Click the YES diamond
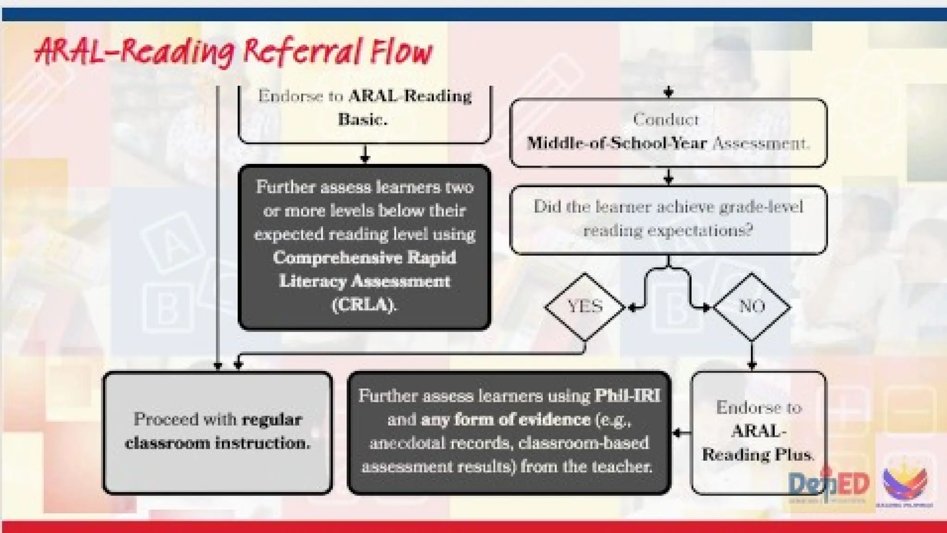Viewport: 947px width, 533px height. click(585, 307)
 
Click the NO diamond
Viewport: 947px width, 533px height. click(752, 307)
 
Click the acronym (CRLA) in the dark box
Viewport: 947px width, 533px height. click(364, 305)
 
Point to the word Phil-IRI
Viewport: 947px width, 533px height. click(627, 396)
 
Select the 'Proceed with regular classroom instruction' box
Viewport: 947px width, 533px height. click(217, 432)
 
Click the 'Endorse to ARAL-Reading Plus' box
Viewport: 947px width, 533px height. click(758, 432)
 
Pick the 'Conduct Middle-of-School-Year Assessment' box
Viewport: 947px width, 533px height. click(668, 132)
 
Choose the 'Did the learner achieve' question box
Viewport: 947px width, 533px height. click(668, 219)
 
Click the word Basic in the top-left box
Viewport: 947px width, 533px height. click(363, 119)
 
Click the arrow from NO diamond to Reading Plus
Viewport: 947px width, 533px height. click(752, 356)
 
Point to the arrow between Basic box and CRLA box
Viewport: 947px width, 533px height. click(365, 154)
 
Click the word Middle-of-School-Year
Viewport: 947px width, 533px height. click(617, 143)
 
